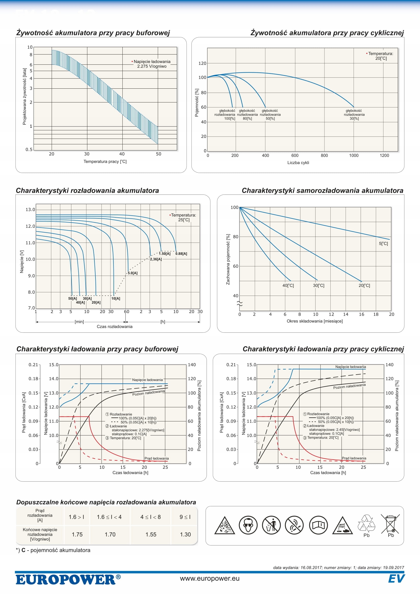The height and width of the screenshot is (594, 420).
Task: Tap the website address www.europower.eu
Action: tap(210, 579)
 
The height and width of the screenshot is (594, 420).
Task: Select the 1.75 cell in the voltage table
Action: tap(77, 535)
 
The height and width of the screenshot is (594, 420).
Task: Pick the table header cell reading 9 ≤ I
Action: tap(185, 517)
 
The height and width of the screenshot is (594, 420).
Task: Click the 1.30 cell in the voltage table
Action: tap(185, 535)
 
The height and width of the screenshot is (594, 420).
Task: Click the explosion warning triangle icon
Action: tap(224, 526)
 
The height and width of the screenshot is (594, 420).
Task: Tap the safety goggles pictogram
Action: tap(248, 525)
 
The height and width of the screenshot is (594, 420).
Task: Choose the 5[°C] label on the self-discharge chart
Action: tap(383, 244)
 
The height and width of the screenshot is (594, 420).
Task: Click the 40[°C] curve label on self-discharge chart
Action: tap(288, 286)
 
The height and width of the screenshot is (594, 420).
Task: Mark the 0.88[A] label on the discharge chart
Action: tap(181, 254)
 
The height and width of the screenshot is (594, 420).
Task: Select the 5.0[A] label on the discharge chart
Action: tap(133, 273)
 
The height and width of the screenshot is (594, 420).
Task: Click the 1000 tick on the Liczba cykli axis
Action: tap(354, 155)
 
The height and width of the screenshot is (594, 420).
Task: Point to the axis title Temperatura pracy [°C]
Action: tap(105, 162)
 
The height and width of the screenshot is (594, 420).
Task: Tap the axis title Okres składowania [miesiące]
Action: tap(314, 321)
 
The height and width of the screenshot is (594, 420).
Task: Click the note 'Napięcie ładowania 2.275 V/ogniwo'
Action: tap(152, 64)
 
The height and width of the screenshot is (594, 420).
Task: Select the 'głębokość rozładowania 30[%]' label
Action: tap(354, 114)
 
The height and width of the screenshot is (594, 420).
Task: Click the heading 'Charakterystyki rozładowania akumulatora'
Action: tap(87, 191)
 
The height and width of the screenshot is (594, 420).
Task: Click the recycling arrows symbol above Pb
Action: tap(366, 523)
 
